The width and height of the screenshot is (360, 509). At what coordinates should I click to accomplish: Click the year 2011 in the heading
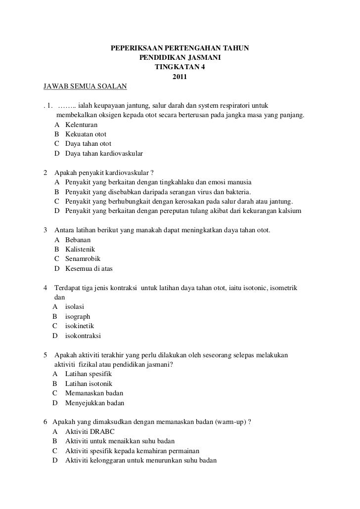click(180, 77)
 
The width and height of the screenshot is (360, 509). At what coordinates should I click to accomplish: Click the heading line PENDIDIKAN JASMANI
click(180, 58)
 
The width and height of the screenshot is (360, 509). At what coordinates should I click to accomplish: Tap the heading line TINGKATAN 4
click(180, 68)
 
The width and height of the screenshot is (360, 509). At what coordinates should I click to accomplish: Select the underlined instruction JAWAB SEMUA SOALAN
click(85, 86)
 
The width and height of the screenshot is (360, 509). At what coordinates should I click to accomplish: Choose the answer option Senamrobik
click(83, 258)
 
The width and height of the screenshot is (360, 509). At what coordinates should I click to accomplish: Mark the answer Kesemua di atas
click(89, 268)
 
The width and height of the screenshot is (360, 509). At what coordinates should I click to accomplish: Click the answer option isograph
click(78, 316)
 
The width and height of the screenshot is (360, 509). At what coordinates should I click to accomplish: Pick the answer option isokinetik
click(80, 326)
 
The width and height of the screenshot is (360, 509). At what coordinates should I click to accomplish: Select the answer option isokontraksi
click(83, 336)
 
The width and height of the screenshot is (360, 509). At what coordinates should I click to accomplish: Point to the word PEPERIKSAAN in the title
click(131, 49)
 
